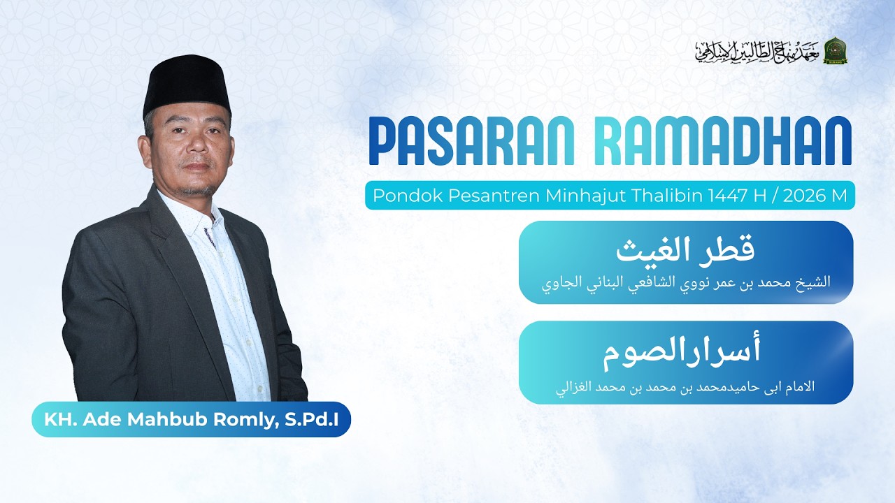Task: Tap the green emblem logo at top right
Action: (836, 51)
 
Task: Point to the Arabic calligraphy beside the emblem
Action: (757, 51)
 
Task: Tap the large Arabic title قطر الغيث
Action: (685, 250)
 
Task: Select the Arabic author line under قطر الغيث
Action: (686, 284)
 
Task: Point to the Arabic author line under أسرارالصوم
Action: (685, 386)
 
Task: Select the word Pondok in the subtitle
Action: (396, 196)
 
